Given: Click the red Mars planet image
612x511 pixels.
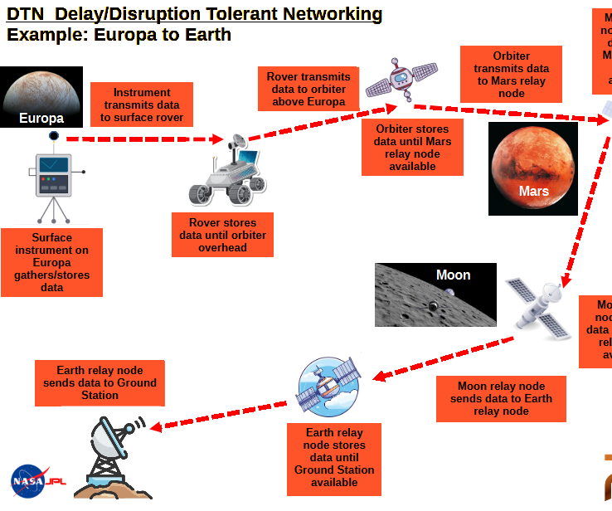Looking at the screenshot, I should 532,169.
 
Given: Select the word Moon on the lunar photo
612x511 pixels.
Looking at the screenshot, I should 453,275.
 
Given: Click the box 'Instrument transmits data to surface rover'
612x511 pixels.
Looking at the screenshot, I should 142,105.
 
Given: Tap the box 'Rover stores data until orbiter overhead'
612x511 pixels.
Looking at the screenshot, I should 222,235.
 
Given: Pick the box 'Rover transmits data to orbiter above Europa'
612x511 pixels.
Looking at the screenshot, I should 308,89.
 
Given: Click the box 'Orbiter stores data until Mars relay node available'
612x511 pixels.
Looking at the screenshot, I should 412,148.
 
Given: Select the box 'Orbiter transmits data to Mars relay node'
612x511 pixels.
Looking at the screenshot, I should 512,75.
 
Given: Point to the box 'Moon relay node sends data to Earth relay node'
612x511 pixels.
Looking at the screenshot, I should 501,398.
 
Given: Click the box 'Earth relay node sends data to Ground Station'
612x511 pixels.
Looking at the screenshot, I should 100,382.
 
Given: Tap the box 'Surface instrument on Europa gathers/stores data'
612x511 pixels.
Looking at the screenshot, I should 52,262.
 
